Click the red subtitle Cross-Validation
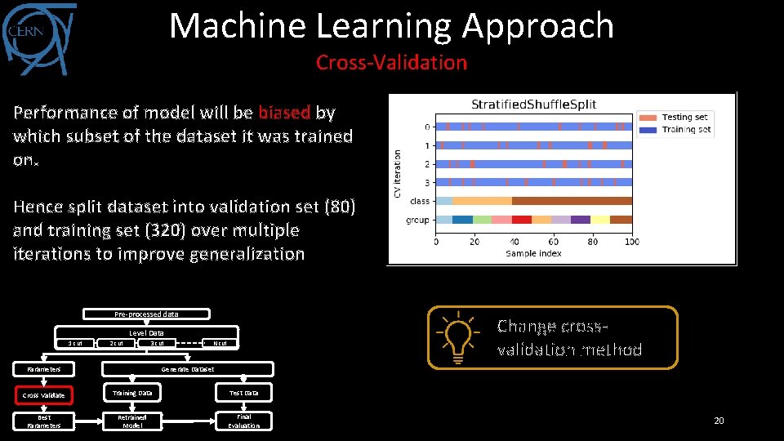click(391, 62)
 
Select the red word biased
click(283, 112)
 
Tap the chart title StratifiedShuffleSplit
click(533, 105)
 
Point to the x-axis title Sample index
click(532, 253)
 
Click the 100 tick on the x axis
click(630, 242)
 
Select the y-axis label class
click(420, 201)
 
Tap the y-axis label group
click(418, 220)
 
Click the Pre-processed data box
click(147, 314)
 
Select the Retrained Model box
click(133, 421)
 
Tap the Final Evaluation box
click(243, 421)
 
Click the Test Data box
click(243, 393)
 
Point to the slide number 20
click(719, 421)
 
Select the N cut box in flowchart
click(220, 343)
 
